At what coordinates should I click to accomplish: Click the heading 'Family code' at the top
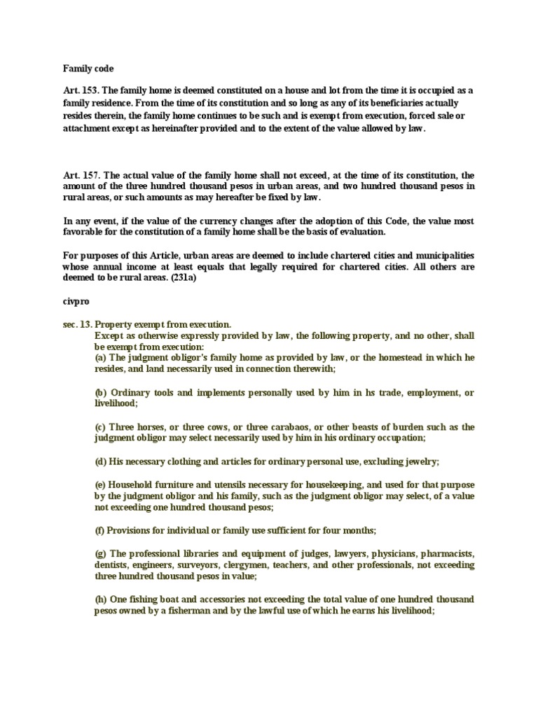(88, 69)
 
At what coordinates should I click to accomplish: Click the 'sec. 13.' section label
(76, 325)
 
